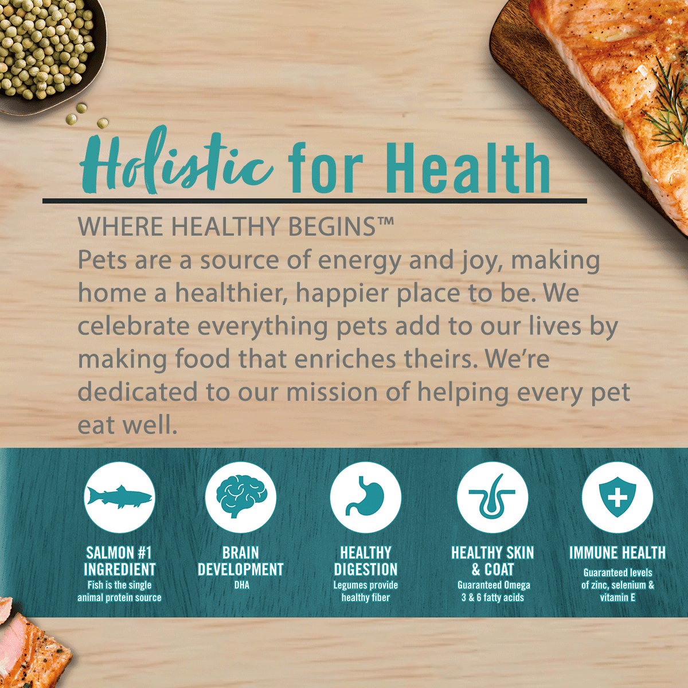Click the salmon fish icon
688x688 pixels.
click(119, 497)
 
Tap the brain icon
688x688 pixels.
click(241, 497)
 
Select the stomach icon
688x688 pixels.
click(365, 497)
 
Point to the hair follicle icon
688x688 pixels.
click(492, 497)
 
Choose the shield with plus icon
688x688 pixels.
click(617, 497)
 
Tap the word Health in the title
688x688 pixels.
click(467, 167)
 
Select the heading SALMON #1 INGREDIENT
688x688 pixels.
click(119, 561)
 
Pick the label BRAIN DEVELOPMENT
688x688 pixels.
click(241, 561)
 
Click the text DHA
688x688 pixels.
click(241, 585)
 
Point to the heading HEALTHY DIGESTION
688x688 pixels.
click(365, 561)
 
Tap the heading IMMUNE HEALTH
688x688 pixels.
click(617, 553)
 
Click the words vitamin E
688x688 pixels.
click(617, 597)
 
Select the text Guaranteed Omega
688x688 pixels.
click(493, 585)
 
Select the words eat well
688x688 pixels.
click(127, 425)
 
